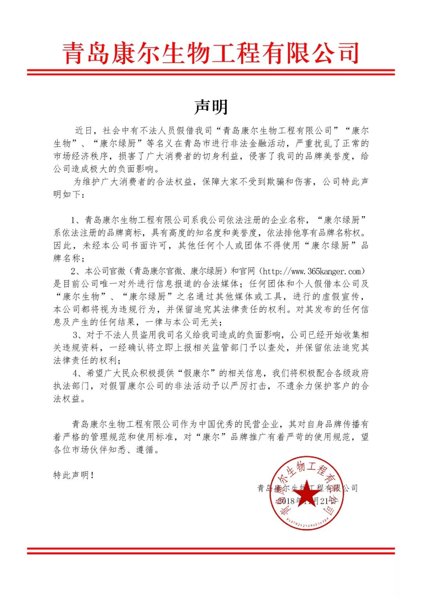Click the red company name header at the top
[211, 54]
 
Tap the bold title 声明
[211, 107]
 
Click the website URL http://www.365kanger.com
[313, 271]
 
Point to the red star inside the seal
[306, 493]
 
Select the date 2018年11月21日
[307, 501]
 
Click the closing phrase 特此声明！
[73, 475]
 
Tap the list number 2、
[75, 271]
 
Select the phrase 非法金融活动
[256, 143]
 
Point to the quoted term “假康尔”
[197, 374]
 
